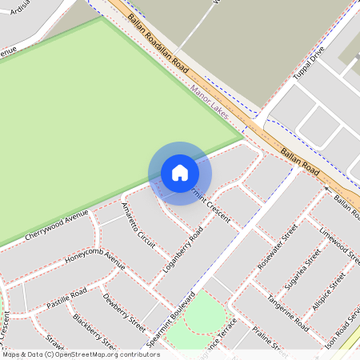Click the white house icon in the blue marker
pyautogui.click(x=180, y=173)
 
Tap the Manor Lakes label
pyautogui.click(x=210, y=103)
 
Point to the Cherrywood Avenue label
pyautogui.click(x=57, y=226)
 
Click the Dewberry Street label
pyautogui.click(x=124, y=313)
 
